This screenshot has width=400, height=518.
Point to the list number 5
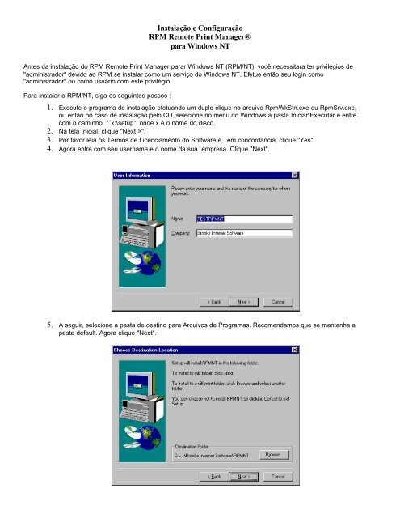(x=51, y=324)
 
